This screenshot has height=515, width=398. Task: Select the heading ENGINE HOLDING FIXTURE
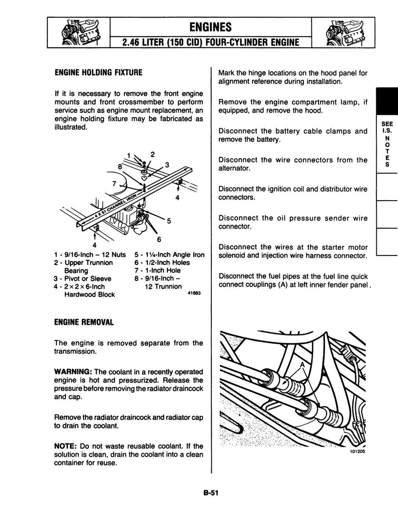pos(99,72)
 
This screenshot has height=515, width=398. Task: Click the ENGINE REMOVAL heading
pos(84,321)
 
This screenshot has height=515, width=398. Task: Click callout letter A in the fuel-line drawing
pos(302,365)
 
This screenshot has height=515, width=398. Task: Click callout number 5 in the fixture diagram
pos(169,220)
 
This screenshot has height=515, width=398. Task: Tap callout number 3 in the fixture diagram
pos(167,164)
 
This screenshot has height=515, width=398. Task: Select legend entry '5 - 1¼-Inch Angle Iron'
pos(170,255)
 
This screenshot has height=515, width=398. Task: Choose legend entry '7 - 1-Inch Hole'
pos(158,271)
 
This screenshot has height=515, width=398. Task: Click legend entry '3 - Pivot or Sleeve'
pos(83,279)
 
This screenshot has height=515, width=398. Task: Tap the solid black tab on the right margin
pos(386,103)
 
